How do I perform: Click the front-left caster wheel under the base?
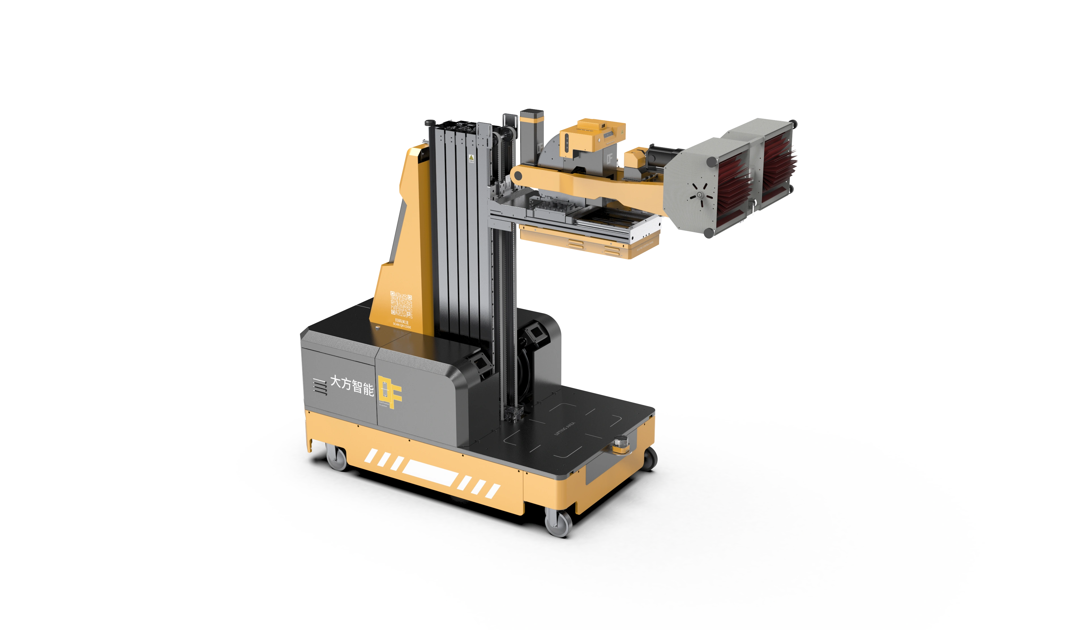click(x=337, y=458)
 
